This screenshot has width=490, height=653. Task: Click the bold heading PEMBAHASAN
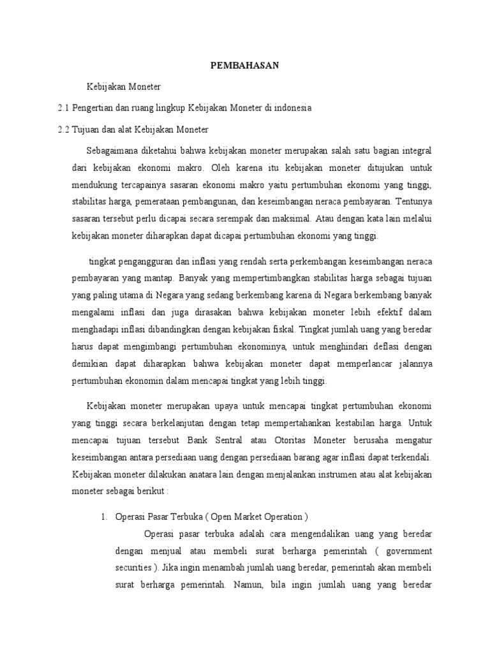pyautogui.click(x=245, y=65)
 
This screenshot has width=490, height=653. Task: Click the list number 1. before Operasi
pyautogui.click(x=103, y=517)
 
